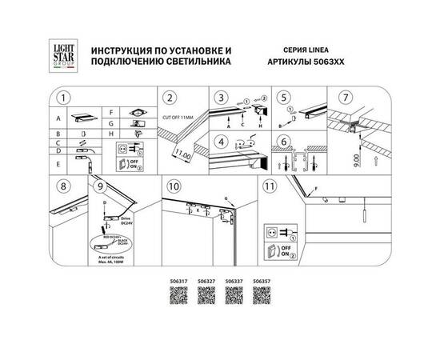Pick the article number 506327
pyautogui.click(x=206, y=281)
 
